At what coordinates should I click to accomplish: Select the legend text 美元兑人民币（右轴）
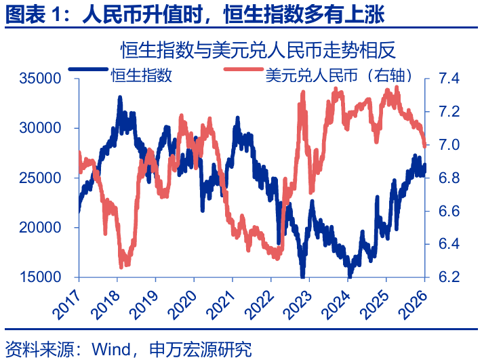point(340,75)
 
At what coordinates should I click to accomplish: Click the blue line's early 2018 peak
point(120,98)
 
